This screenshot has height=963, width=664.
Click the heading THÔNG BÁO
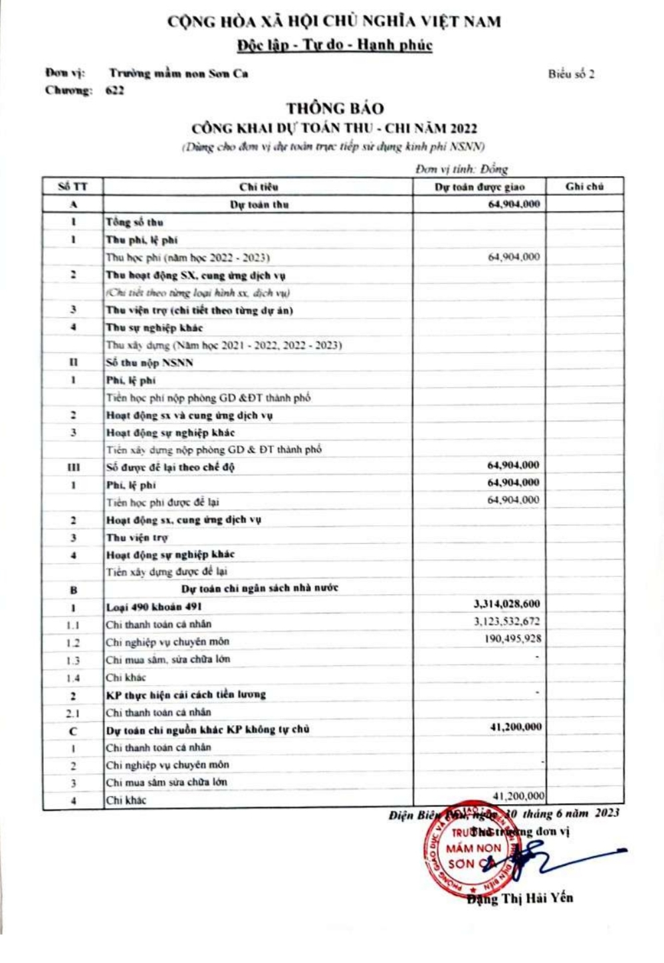coord(335,108)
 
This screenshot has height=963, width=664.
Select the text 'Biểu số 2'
coord(571,74)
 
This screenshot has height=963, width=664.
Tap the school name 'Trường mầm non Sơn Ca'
coord(179,74)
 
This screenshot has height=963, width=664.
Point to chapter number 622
coord(114,91)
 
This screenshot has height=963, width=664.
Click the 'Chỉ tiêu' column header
coord(259,187)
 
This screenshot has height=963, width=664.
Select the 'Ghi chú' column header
coord(584,187)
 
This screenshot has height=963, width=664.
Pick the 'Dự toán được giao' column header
coord(479,187)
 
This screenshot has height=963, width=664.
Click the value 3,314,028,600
coord(506,604)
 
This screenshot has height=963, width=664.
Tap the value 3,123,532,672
coord(506,622)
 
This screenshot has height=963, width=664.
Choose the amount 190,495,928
coord(512,639)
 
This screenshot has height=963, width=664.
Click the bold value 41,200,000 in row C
coord(516,727)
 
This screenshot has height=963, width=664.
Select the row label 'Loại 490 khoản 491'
coord(154,607)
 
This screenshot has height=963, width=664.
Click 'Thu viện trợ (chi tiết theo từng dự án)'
coord(199,310)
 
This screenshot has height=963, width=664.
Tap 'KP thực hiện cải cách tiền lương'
coord(185,695)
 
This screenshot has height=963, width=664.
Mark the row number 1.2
coord(73,643)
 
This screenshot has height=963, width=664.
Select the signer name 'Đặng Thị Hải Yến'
coord(519,899)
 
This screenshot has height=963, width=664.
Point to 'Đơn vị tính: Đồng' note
coord(461,169)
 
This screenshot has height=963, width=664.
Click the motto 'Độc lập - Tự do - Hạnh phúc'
coord(334,45)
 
